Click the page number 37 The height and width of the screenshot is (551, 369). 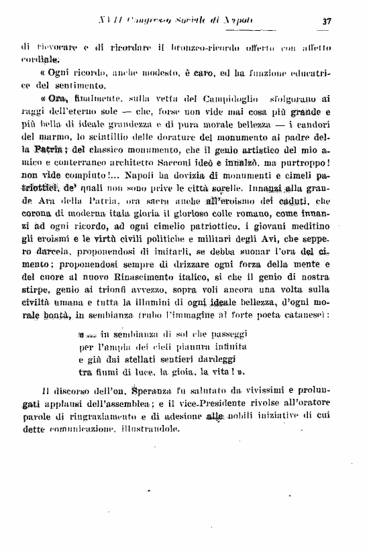[x=327, y=21]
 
